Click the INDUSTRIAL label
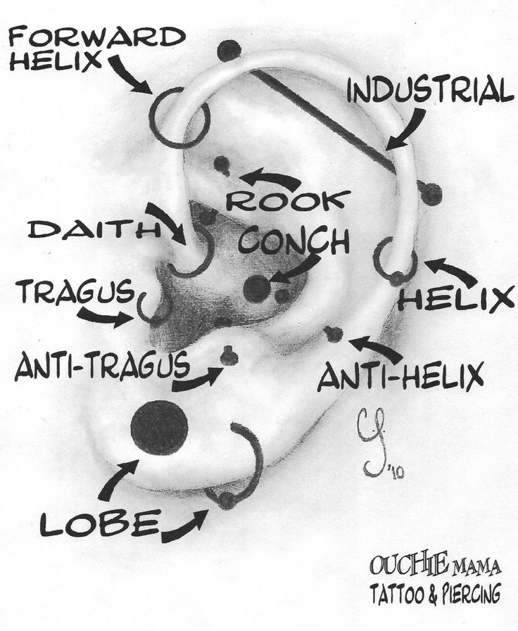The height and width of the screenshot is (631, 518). tap(427, 92)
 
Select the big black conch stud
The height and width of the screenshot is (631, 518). tap(256, 287)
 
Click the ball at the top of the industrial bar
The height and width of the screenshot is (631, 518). tap(229, 50)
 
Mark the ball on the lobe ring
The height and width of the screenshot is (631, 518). tap(226, 500)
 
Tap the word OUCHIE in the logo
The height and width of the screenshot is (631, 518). tap(398, 565)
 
